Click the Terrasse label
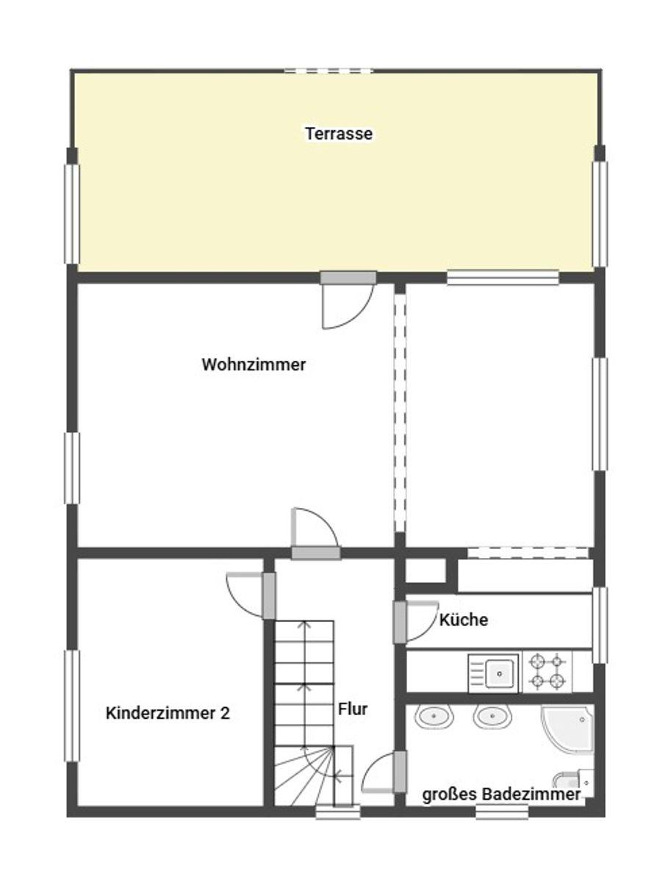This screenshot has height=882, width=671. tap(339, 134)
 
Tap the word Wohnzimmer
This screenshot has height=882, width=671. tap(254, 365)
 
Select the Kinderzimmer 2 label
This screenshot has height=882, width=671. tap(168, 713)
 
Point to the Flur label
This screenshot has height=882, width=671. tap(352, 709)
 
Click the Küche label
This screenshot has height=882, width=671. tap(464, 620)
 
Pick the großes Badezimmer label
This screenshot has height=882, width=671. tap(501, 795)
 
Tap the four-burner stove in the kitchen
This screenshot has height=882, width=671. tap(548, 672)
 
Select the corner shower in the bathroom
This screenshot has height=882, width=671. tap(567, 730)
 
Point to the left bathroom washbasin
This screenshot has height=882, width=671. tap(434, 717)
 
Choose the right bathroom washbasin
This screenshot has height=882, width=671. tap(492, 717)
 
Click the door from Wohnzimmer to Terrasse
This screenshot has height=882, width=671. tap(348, 300)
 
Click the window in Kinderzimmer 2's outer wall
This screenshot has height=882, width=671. tap(72, 706)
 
